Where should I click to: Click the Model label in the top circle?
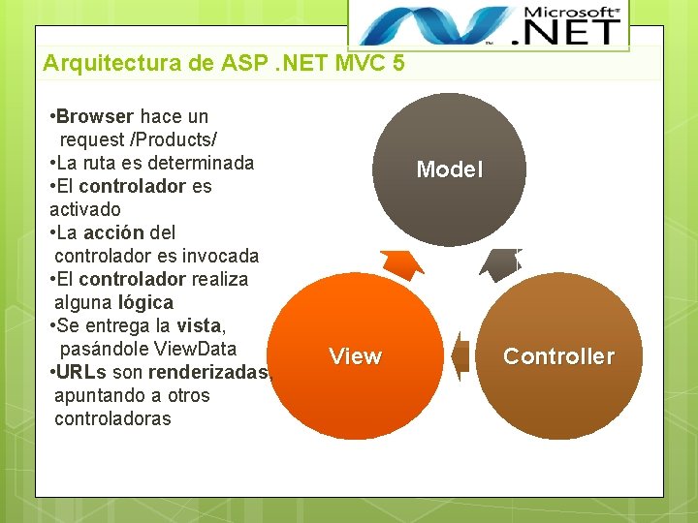(449, 169)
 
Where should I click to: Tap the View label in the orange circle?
(355, 356)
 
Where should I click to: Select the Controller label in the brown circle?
(558, 356)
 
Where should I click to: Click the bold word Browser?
(94, 116)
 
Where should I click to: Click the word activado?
(85, 209)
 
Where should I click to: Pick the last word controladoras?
(112, 418)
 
